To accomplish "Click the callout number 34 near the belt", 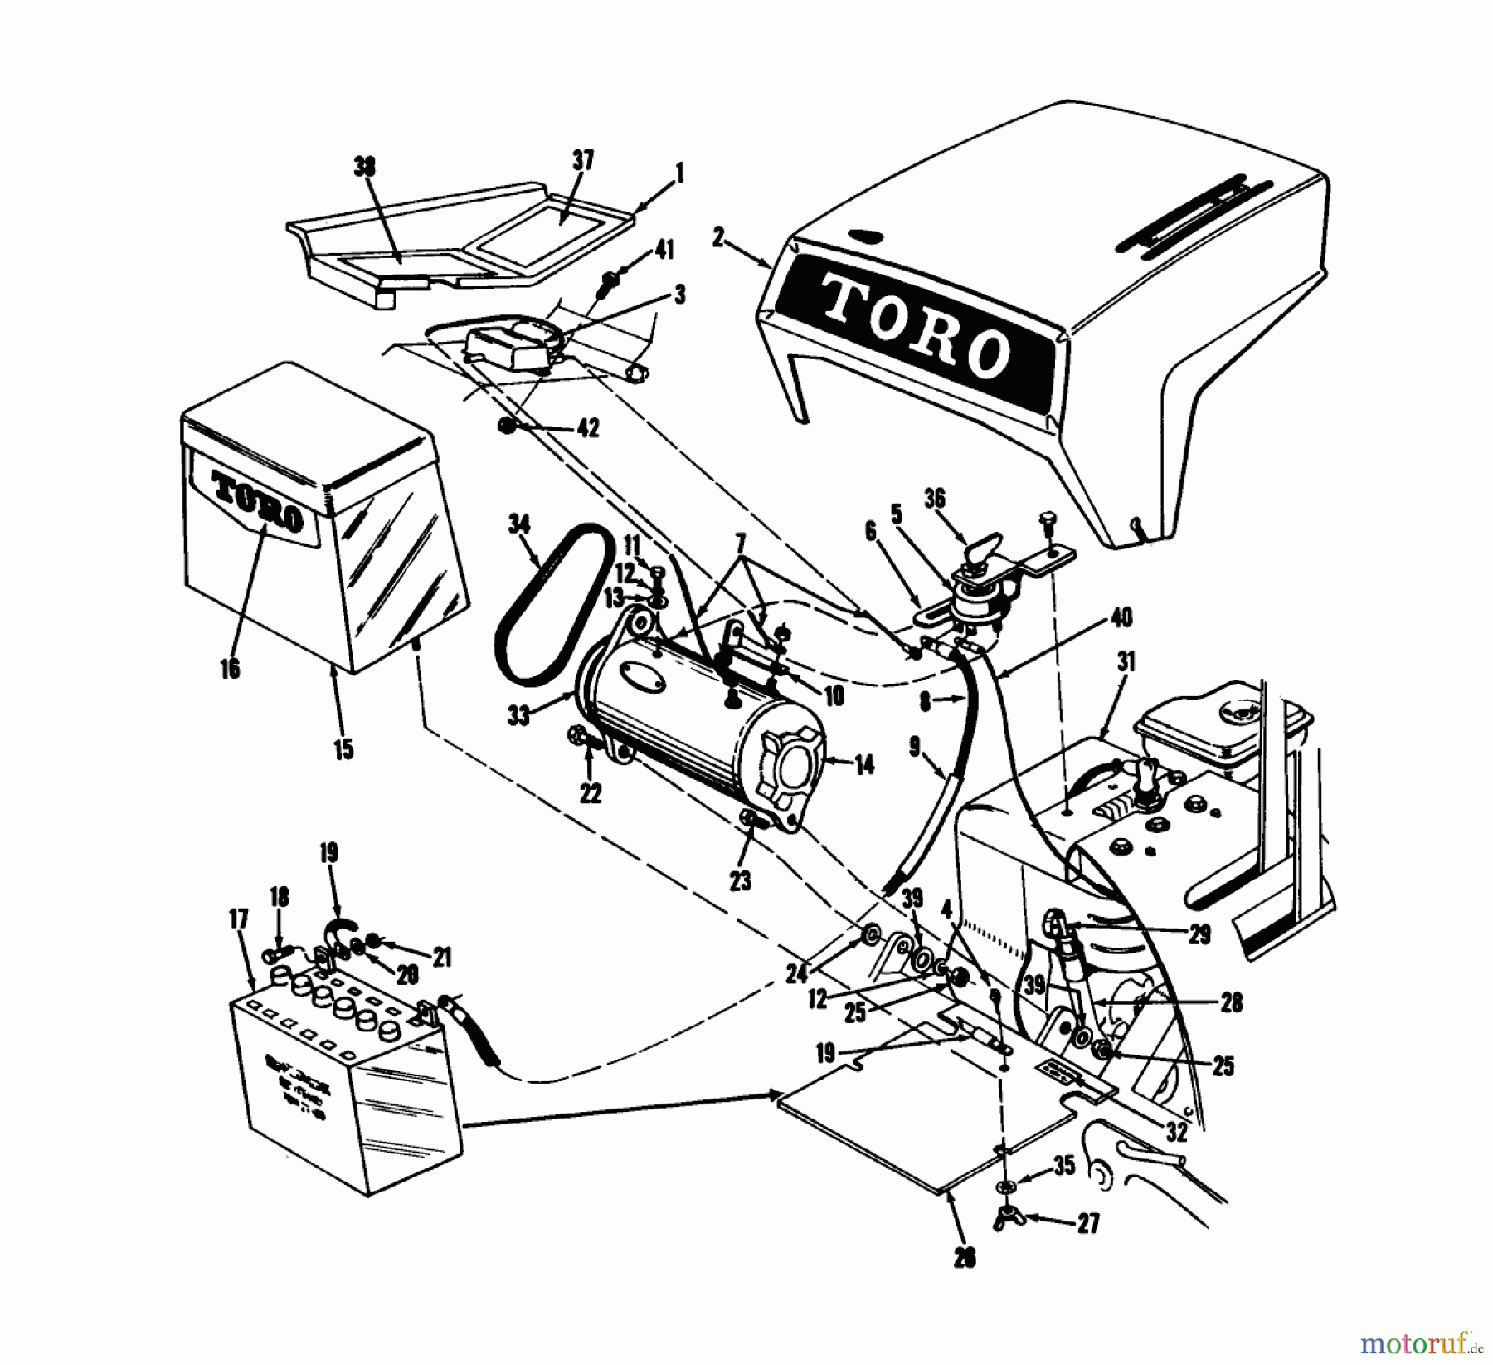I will pyautogui.click(x=519, y=524).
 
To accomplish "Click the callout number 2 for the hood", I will pyautogui.click(x=718, y=240).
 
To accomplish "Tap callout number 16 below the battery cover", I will pyautogui.click(x=230, y=668).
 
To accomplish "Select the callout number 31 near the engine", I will pyautogui.click(x=1126, y=662).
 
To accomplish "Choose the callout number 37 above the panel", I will pyautogui.click(x=583, y=160).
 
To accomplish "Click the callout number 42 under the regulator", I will pyautogui.click(x=587, y=428).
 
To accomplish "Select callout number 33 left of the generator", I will pyautogui.click(x=519, y=715).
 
